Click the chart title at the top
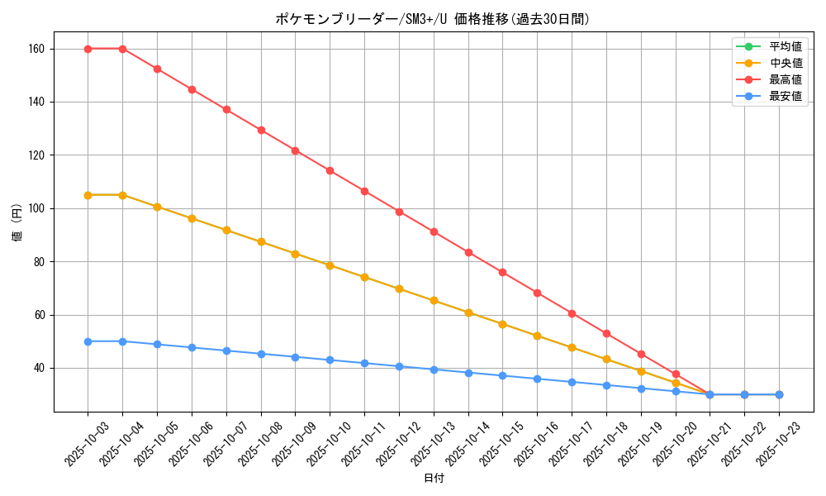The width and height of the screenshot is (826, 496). click(x=433, y=19)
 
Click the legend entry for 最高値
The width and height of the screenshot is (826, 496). click(x=785, y=79)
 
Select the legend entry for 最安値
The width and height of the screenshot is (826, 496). click(x=785, y=96)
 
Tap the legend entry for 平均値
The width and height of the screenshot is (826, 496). click(x=785, y=46)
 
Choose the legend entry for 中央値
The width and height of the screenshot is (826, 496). click(x=785, y=63)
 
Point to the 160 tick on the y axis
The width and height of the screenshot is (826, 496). click(x=37, y=49)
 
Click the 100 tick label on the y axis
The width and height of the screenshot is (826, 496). click(x=37, y=208)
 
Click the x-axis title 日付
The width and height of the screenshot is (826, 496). click(x=433, y=479)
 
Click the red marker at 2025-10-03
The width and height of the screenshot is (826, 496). click(x=88, y=49)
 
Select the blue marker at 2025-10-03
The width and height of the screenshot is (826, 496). click(x=88, y=341)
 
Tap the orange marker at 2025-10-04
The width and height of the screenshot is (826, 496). click(x=122, y=195)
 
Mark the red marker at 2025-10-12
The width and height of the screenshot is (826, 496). click(x=399, y=212)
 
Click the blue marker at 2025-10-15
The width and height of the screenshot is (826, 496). click(x=502, y=376)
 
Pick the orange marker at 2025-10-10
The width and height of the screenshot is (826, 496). click(x=330, y=265)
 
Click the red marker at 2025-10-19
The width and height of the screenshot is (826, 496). click(x=641, y=354)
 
